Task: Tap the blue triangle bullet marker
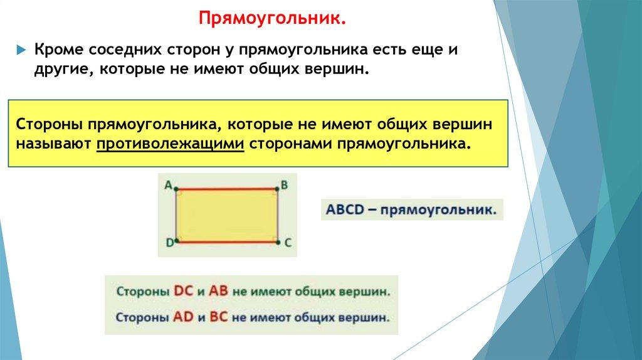(x=21, y=50)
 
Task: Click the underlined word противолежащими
(x=171, y=144)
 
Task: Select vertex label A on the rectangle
(x=168, y=185)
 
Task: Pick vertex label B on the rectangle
(x=284, y=185)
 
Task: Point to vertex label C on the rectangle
(x=287, y=243)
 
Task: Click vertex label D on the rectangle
(x=169, y=243)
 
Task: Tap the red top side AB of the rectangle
(x=227, y=189)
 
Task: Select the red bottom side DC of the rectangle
(x=227, y=242)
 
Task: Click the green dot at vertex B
(x=278, y=189)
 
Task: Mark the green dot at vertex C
(x=278, y=243)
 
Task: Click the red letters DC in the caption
(x=183, y=291)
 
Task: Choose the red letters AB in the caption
(x=218, y=291)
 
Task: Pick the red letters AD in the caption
(x=182, y=317)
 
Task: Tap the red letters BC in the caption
(x=218, y=317)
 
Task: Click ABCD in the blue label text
(x=345, y=209)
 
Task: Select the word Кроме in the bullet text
(x=60, y=50)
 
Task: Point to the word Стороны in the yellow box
(x=49, y=124)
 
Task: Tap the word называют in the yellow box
(x=54, y=144)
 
